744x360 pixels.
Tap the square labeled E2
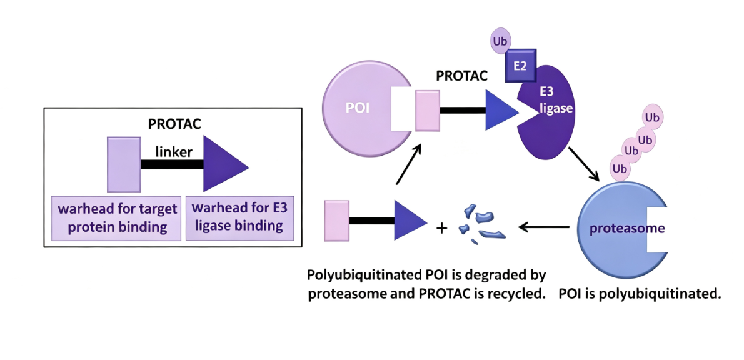(x=521, y=66)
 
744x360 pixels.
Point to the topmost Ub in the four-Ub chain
(x=653, y=117)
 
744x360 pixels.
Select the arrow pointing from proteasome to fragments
(x=544, y=227)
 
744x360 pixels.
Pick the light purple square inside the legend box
(x=124, y=164)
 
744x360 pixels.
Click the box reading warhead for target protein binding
(x=117, y=218)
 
